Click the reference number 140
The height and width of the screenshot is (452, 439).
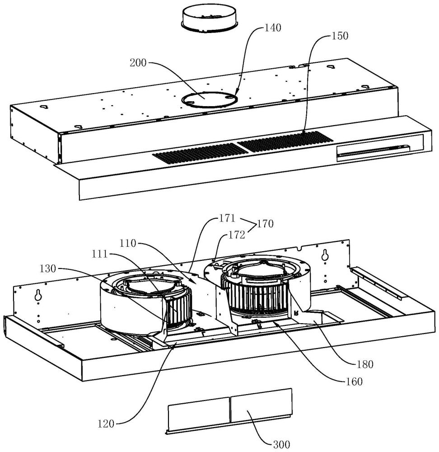point(272,28)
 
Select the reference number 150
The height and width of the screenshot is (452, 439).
point(340,36)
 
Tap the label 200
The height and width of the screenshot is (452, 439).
point(138,63)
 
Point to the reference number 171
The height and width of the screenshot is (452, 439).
point(227,218)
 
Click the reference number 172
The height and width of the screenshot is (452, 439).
point(237,235)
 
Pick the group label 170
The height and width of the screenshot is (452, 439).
point(265,224)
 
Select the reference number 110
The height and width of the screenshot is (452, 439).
point(128,244)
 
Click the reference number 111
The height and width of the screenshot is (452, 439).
point(100,254)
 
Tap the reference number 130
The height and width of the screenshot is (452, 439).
point(48,268)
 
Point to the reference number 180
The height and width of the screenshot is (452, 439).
point(365,364)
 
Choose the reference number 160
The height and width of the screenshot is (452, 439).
point(354,381)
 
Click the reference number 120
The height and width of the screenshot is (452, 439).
point(106,424)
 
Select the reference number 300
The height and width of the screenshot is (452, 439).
point(281,444)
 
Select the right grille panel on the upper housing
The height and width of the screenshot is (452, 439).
point(285,141)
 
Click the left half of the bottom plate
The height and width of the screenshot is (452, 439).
point(199,413)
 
